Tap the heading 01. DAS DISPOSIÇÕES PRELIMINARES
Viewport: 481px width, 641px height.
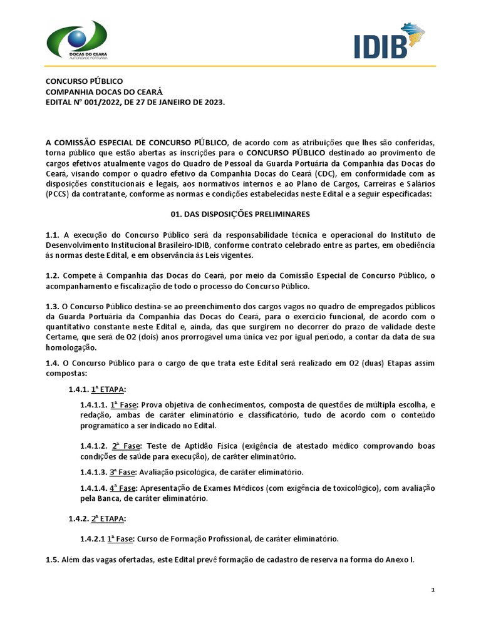click(240, 214)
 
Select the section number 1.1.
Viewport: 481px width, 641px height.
click(52, 233)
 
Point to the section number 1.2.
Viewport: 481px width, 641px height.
click(52, 276)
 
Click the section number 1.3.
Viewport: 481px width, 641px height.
click(52, 307)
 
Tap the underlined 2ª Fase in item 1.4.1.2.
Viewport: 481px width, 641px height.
click(126, 446)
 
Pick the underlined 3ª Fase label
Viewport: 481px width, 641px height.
click(122, 471)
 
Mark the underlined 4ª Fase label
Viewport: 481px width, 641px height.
click(122, 488)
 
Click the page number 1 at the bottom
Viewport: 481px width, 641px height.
click(433, 590)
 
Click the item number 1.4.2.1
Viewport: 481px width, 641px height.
click(91, 538)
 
